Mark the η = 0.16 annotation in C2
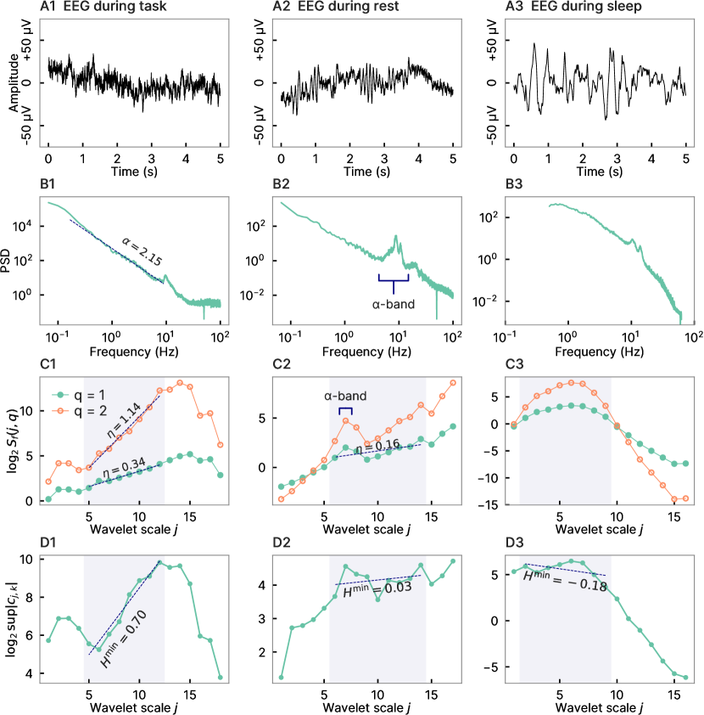pos(379,444)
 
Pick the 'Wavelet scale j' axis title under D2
pos(370,707)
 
